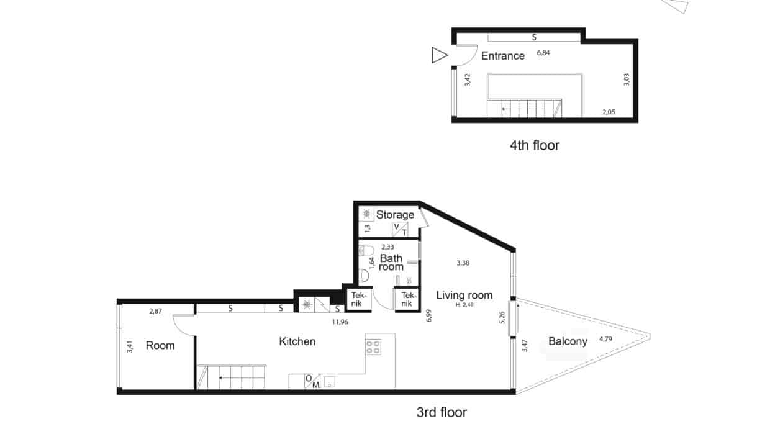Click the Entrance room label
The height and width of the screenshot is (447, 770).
[x=502, y=56]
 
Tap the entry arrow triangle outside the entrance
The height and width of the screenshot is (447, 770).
[x=439, y=55]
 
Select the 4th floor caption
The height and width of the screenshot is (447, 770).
[x=535, y=145]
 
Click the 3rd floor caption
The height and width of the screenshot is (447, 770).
[x=442, y=412]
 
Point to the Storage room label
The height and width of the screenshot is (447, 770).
[x=395, y=215]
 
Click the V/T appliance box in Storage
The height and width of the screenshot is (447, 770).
[x=400, y=229]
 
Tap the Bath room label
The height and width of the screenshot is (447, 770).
[x=391, y=263]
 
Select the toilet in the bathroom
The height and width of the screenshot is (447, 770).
[x=366, y=250]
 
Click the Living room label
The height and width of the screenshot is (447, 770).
[x=464, y=295]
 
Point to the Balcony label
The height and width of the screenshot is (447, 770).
[x=568, y=341]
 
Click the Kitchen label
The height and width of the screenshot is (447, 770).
[x=297, y=341]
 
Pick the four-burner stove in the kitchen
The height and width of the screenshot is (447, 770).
[x=373, y=346]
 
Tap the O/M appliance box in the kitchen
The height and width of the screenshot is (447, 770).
[x=312, y=381]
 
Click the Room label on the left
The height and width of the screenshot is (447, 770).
[x=160, y=345]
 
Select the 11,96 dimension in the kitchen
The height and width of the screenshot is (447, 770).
[x=340, y=322]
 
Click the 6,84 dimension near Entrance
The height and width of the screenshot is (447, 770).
[x=543, y=53]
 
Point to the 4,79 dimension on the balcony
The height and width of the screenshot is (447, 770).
[x=605, y=339]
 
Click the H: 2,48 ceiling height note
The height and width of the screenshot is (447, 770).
[x=464, y=304]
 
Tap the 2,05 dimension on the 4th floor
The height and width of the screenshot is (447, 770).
[x=609, y=112]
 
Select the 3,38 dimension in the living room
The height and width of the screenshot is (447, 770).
[x=463, y=263]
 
